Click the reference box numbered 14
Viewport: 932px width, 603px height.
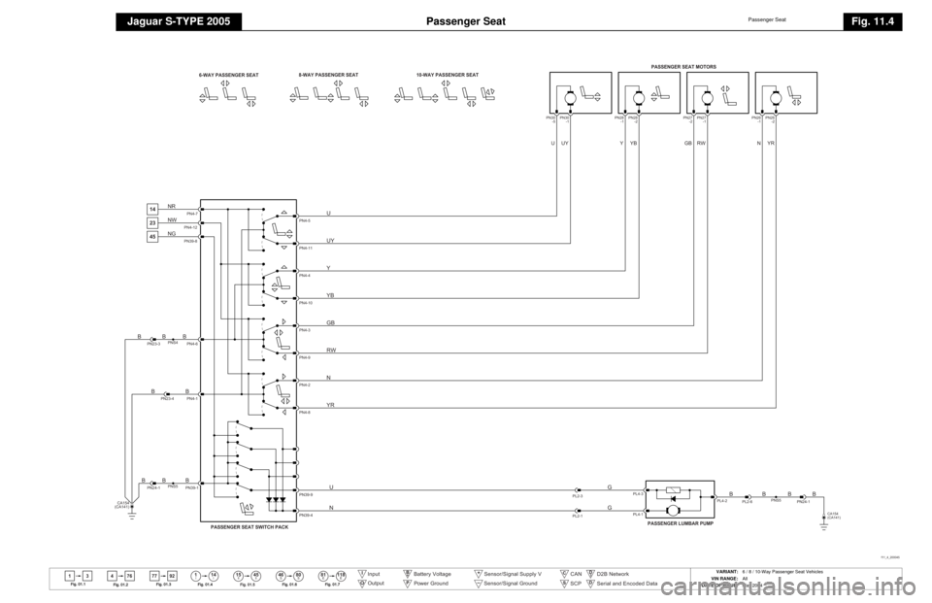[152, 208]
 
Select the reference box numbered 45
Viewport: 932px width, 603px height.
[152, 235]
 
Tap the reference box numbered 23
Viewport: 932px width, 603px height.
[152, 221]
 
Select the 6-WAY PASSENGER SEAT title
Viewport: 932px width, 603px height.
[228, 75]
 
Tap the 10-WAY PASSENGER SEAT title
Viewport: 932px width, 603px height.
[446, 75]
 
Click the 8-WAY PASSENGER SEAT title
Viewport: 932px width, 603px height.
[328, 75]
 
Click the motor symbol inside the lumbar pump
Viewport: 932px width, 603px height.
[673, 508]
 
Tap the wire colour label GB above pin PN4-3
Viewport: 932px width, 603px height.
[331, 321]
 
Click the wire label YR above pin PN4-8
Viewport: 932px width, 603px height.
[331, 403]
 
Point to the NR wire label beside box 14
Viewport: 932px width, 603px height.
[172, 206]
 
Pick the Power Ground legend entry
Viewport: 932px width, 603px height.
[430, 584]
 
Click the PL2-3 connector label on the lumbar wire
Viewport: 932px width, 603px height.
[577, 496]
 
